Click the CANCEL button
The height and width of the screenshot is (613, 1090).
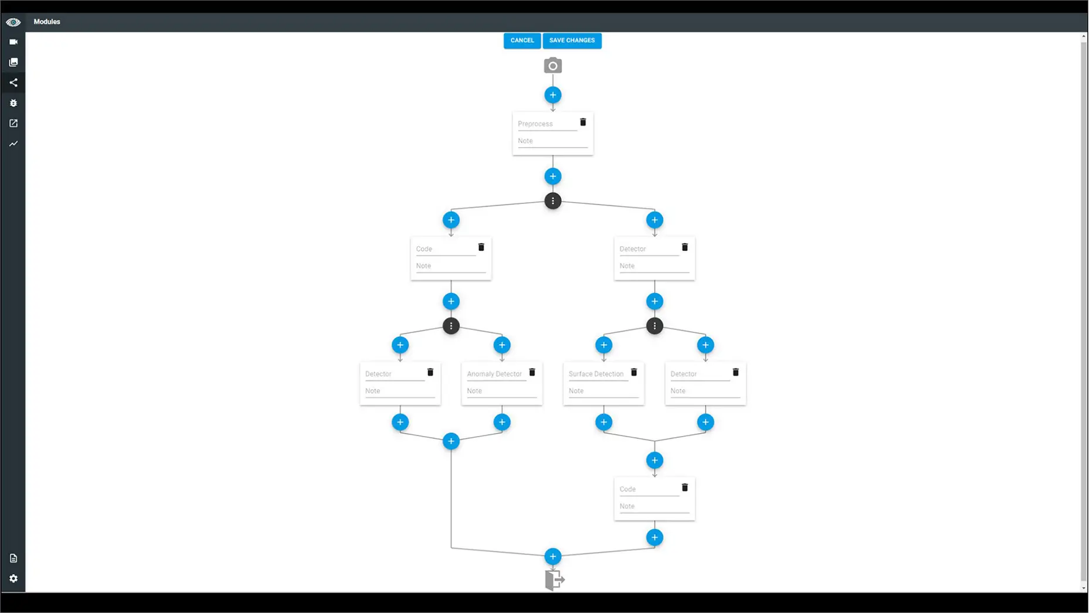522,40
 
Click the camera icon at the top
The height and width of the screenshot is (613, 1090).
552,66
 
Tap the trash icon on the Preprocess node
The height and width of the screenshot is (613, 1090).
583,122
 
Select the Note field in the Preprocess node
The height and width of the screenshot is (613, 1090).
552,141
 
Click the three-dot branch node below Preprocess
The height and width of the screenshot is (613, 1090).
552,201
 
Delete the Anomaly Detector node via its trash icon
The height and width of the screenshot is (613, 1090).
532,372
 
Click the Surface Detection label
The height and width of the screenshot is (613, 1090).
596,374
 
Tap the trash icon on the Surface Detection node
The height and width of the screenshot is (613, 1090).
634,372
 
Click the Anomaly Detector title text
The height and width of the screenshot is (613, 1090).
494,374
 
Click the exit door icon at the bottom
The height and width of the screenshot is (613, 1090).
554,580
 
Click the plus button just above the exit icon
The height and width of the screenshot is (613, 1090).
552,557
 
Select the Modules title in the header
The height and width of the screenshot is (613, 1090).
47,22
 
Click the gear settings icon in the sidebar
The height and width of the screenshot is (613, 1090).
13,578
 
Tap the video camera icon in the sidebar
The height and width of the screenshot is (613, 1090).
13,42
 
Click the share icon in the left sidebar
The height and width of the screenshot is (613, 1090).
13,83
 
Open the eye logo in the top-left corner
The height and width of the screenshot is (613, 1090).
13,22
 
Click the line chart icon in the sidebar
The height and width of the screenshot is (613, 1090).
13,144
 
